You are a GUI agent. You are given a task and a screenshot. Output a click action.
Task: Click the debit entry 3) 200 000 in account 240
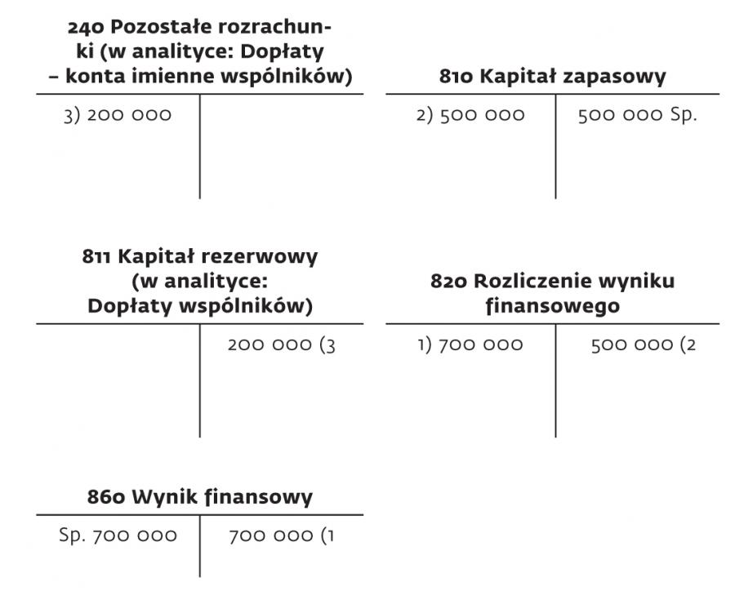tap(118, 115)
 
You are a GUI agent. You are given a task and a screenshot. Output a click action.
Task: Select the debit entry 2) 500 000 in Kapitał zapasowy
tap(470, 115)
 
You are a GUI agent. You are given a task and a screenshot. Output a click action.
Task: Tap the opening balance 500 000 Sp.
tap(638, 115)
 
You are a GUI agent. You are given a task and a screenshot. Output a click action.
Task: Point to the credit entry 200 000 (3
tap(281, 345)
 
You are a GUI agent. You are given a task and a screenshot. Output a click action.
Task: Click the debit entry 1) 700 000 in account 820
tap(470, 345)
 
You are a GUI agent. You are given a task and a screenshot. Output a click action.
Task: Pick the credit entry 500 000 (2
tap(644, 345)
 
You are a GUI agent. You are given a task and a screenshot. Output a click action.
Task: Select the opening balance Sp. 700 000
tap(118, 535)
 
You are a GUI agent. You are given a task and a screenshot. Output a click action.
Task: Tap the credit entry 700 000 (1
tap(281, 535)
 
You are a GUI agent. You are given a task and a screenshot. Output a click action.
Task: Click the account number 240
tap(86, 28)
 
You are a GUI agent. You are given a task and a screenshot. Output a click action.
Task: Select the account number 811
tap(96, 257)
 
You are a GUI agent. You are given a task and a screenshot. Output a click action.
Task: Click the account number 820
tap(448, 282)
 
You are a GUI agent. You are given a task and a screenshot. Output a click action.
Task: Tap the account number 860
tap(106, 497)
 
